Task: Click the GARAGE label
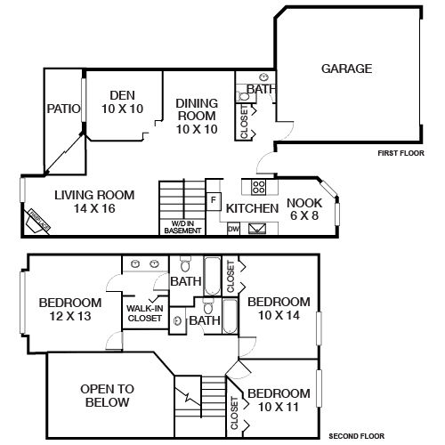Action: click(346, 69)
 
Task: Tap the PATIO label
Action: click(63, 109)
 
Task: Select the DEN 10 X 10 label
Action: click(122, 102)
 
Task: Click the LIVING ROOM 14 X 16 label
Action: click(93, 202)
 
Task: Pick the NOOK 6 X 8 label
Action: click(303, 208)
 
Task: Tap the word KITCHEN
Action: click(253, 208)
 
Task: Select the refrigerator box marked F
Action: click(214, 200)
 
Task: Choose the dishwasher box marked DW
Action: click(233, 229)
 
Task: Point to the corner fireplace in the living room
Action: click(37, 220)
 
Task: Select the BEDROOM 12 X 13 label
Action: click(69, 309)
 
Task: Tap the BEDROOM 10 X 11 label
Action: click(279, 400)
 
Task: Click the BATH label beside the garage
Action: click(260, 90)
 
